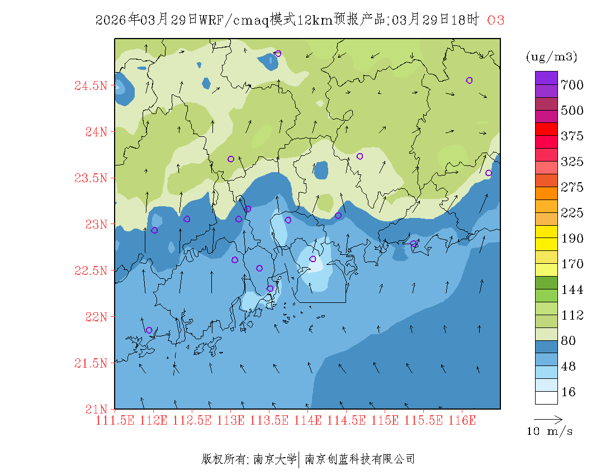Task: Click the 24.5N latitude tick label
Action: (90, 86)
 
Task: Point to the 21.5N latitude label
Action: (90, 363)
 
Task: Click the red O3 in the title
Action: (496, 20)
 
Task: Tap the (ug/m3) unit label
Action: (551, 56)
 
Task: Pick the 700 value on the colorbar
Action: (572, 85)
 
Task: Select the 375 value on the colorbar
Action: (572, 136)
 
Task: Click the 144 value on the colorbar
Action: (572, 290)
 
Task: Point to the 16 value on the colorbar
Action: (568, 392)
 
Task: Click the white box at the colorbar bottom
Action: (546, 397)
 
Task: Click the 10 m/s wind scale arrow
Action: (548, 419)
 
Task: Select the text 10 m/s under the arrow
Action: (550, 431)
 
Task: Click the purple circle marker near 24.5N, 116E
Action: (469, 80)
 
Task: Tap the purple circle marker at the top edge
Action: (278, 54)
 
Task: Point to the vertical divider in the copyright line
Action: (300, 459)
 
